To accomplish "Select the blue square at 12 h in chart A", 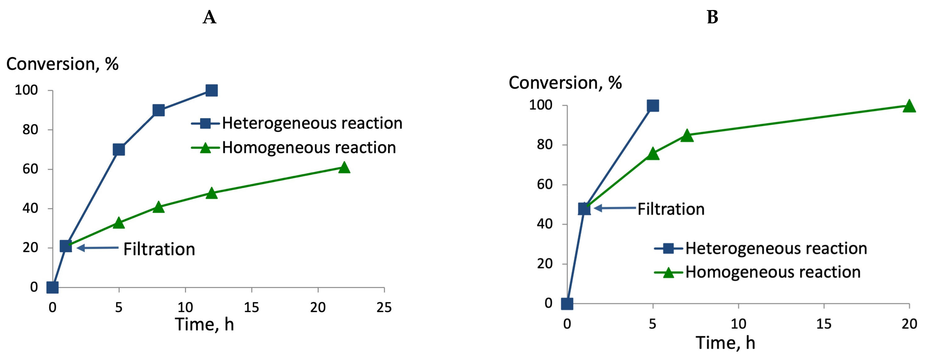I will pos(211,90).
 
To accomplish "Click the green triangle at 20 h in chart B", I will pos(909,106).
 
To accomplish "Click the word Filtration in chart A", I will pos(159,249).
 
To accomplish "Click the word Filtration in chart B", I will pos(671,209).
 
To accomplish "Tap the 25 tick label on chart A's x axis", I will pos(384,307).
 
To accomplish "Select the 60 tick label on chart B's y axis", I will pos(544,185).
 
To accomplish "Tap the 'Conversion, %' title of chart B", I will pos(565,83).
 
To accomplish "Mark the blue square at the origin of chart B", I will pos(567,304).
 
